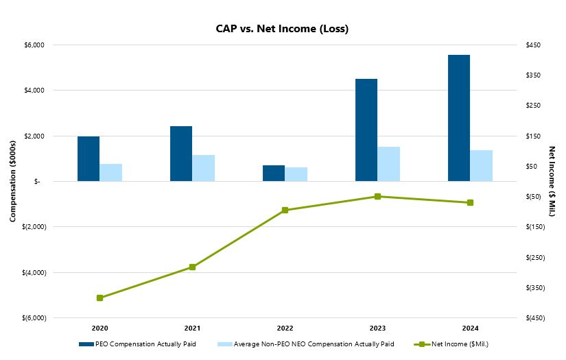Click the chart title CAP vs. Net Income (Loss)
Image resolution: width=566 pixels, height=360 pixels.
283,29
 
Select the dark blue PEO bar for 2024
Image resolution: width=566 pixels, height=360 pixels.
458,118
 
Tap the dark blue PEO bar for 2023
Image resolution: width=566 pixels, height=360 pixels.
366,130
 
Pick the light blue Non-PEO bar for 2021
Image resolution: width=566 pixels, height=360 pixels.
203,168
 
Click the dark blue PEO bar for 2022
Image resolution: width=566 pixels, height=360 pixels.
273,173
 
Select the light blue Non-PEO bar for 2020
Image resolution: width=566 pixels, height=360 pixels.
110,172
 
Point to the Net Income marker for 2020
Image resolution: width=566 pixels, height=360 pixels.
99,298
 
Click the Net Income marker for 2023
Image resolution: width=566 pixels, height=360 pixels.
377,197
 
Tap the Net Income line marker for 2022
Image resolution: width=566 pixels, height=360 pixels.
285,211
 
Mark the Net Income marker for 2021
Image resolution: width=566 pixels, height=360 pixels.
192,267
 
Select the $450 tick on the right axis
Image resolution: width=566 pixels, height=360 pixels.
533,45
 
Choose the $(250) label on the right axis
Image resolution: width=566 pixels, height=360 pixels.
534,257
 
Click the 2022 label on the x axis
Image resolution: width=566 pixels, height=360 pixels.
285,328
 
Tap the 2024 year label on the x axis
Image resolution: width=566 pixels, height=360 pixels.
470,328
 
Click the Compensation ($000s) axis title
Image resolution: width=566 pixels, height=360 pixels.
12,181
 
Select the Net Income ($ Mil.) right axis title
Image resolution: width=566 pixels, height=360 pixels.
552,181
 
